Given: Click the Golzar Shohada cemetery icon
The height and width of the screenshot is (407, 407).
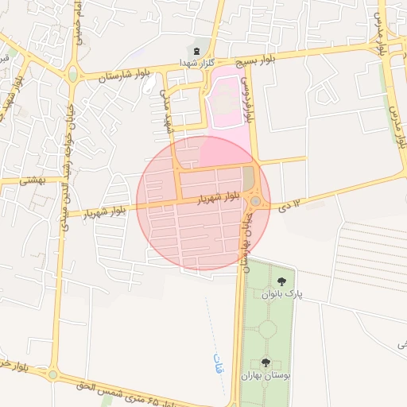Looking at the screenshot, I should (196, 52).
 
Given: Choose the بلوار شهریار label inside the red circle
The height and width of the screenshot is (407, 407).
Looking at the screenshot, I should (219, 196).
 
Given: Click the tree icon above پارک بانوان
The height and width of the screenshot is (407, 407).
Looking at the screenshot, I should (281, 281).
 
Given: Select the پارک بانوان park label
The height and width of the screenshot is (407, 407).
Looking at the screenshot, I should (282, 294).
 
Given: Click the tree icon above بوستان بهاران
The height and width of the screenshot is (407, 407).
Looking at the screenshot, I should (266, 362).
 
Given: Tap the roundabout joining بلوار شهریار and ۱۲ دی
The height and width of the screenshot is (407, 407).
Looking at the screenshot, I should (254, 201).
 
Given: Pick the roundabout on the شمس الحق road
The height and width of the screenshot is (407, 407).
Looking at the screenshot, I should (53, 374).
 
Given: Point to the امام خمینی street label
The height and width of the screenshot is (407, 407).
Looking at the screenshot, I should (79, 23).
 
